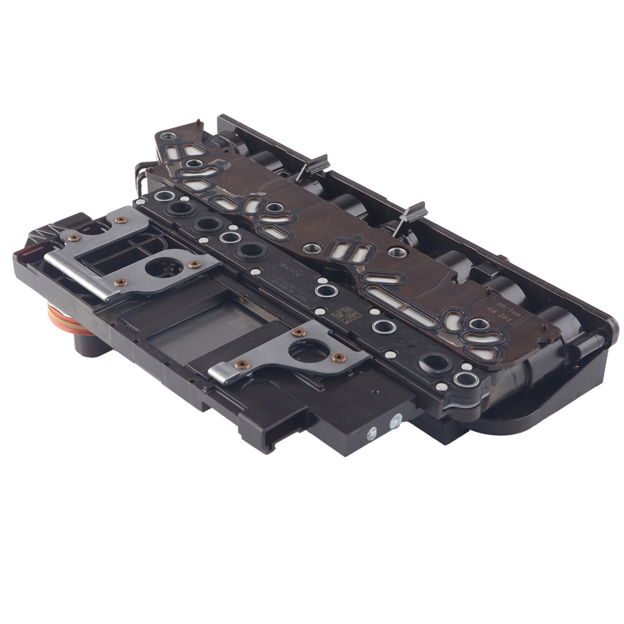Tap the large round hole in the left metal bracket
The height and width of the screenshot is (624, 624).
163,267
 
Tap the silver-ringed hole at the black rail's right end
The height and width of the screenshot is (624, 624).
466,379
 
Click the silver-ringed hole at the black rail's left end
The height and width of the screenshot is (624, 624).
164,196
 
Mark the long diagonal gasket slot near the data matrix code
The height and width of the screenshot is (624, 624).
399,306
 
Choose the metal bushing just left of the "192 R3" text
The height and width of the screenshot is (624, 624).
479,323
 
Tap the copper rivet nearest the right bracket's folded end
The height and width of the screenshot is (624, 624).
241,364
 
